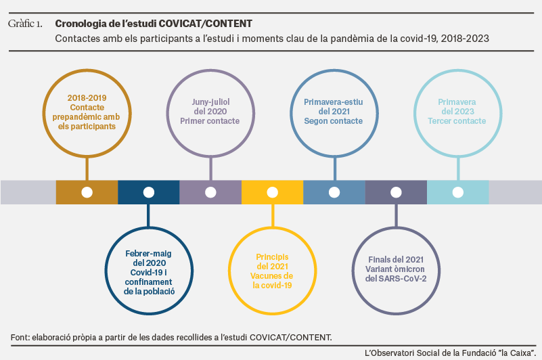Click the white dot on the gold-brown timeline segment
87,192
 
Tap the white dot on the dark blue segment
149,192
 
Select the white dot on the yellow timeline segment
273,192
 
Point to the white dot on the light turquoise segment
458,192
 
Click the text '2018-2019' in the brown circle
87,98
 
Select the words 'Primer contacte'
210,121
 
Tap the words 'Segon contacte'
334,121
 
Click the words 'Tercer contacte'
457,121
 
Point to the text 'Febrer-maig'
148,254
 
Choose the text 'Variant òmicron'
395,269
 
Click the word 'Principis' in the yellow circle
273,257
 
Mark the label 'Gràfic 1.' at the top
25,24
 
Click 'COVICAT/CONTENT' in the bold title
206,24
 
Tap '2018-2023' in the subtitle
465,39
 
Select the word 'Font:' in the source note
20,337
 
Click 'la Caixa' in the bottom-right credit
516,353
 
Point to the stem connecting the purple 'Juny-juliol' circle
210,168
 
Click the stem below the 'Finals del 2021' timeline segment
396,215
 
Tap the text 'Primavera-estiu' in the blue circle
334,102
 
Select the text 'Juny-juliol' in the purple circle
210,102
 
